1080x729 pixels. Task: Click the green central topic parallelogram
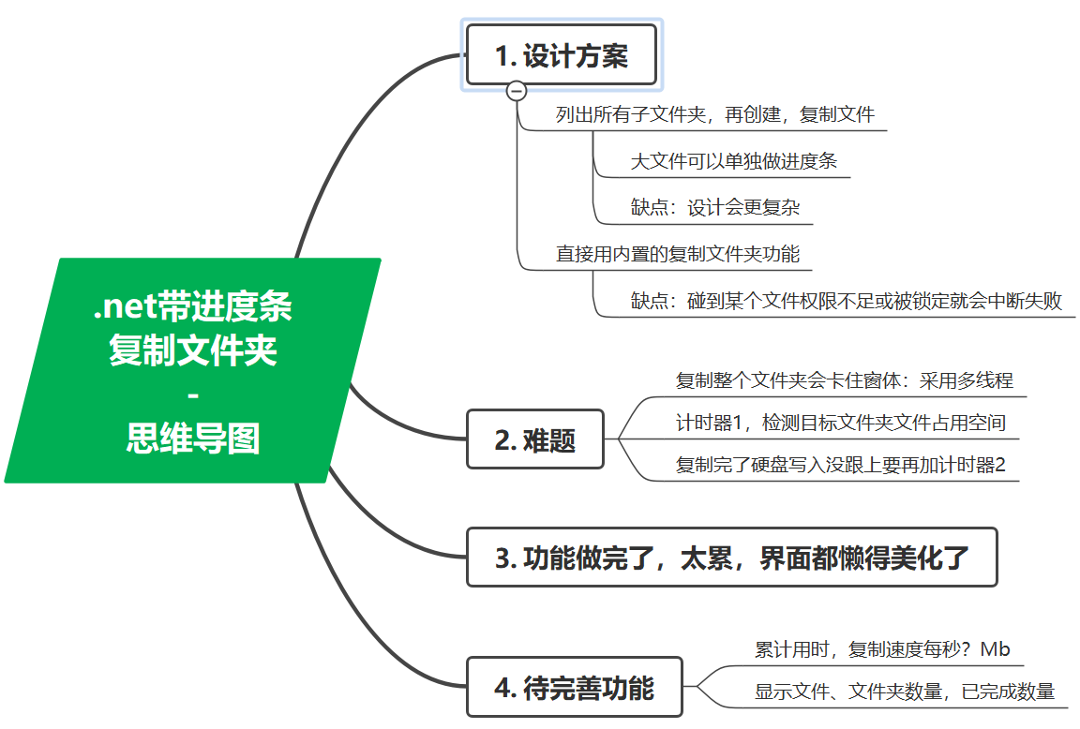[192, 371]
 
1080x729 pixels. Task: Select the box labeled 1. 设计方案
[562, 55]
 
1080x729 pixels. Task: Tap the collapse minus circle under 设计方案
[517, 90]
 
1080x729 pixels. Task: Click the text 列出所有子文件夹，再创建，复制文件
[715, 115]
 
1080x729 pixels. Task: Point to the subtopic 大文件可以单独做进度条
[734, 161]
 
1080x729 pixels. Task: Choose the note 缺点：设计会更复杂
[715, 207]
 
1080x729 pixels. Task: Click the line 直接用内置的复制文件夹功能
[677, 254]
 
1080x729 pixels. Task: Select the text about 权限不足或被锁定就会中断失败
[847, 301]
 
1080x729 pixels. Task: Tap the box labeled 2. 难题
[535, 439]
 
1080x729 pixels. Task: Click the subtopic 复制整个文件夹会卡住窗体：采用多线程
[845, 380]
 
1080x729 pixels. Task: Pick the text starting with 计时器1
[840, 423]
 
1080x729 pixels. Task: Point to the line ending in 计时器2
[840, 465]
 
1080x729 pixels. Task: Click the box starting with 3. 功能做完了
[731, 558]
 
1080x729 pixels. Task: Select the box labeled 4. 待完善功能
[574, 688]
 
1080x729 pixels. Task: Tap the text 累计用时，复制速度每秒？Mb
[882, 649]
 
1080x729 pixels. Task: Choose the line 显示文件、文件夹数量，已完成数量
[905, 692]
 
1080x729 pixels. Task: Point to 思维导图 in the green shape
[193, 438]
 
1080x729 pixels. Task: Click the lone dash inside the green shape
[193, 395]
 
